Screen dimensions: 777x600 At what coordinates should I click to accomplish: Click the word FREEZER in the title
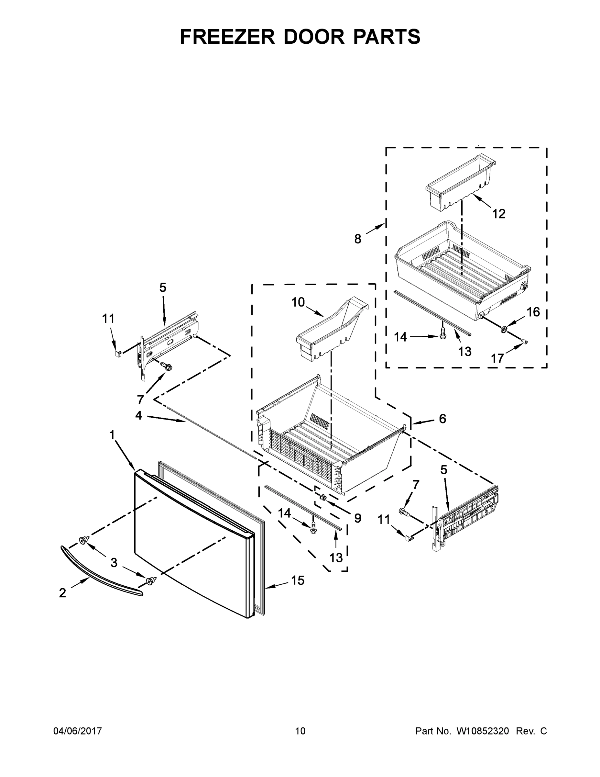click(x=227, y=37)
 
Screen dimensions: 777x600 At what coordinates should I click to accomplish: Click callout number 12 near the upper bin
click(x=499, y=214)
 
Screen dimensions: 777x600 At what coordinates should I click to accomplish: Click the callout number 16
click(x=533, y=312)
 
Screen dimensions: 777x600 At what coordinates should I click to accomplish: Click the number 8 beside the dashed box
click(x=358, y=239)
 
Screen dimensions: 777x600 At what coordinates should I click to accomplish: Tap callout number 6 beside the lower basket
click(x=442, y=419)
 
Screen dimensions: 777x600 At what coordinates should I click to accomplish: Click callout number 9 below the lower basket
click(x=358, y=518)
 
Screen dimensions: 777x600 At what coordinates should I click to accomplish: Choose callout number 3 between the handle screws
click(x=114, y=562)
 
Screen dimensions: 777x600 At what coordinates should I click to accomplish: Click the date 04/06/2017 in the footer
click(x=78, y=731)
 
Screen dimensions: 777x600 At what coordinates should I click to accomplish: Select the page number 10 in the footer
click(x=300, y=731)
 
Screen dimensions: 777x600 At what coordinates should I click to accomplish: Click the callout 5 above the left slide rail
click(x=162, y=287)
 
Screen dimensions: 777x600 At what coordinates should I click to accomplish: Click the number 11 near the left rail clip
click(x=108, y=319)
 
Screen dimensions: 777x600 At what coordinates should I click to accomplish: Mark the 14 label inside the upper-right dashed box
click(x=400, y=337)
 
